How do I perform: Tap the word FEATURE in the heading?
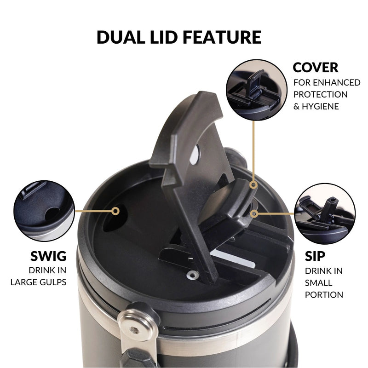tap(222, 37)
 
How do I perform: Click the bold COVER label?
tap(316, 68)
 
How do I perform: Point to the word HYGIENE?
tap(320, 106)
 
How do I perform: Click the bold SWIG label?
tap(48, 256)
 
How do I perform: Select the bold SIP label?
tap(315, 256)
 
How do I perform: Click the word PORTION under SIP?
tap(324, 294)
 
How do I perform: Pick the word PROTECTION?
tap(320, 94)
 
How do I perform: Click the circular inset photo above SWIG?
tap(44, 211)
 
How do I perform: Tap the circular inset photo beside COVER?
tap(257, 90)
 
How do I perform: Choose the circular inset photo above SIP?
tap(325, 214)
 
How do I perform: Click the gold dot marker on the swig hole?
tap(115, 211)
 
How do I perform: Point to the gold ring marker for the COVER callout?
tap(253, 185)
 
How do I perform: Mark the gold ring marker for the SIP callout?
tap(254, 214)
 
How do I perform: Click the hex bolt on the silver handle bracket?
tap(134, 330)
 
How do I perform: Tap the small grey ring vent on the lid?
tap(192, 274)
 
